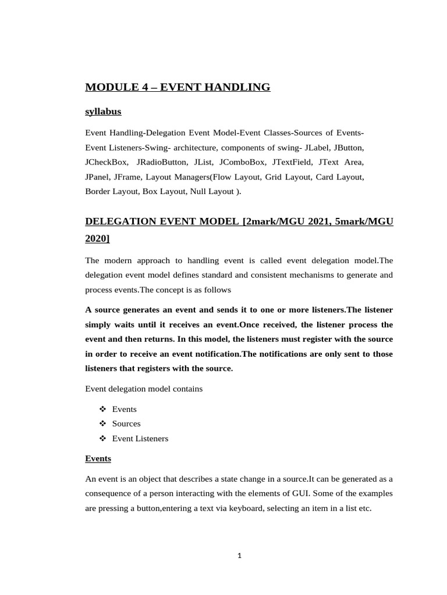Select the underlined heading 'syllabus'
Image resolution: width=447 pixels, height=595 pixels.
(103, 112)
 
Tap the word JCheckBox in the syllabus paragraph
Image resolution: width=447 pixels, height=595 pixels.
(107, 162)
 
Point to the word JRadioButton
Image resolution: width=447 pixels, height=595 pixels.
(162, 162)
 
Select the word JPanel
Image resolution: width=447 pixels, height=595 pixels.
(98, 176)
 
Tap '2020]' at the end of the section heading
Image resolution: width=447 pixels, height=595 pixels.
(97, 239)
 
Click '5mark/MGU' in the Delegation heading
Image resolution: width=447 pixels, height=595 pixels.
(366, 221)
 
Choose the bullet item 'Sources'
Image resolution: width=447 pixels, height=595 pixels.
(126, 424)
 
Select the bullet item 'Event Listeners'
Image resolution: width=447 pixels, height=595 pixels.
(140, 439)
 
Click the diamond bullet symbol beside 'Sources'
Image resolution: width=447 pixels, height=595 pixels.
(102, 424)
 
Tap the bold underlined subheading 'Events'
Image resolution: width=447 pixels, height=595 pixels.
(98, 458)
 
